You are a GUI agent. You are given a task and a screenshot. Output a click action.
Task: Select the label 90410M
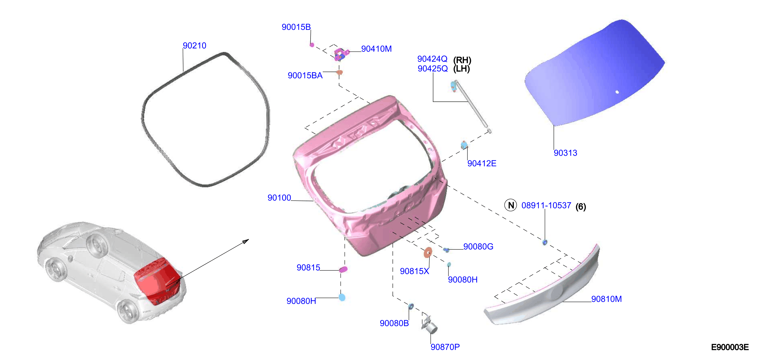click(376, 49)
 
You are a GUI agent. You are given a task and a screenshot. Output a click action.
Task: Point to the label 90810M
click(606, 299)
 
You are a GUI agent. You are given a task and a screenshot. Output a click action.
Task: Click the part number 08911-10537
click(546, 205)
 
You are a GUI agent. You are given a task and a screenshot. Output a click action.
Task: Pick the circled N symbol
click(511, 205)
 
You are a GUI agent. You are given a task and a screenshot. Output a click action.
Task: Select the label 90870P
click(445, 347)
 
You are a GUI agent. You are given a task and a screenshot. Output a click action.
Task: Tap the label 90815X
click(414, 271)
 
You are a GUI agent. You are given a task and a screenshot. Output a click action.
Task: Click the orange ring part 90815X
click(428, 253)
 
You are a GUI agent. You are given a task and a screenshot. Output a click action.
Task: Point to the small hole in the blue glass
click(617, 92)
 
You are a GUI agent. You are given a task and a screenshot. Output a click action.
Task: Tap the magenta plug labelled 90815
click(343, 270)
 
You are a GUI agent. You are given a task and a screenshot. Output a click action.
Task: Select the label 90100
click(279, 197)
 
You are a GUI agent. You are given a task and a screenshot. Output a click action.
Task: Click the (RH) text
click(462, 60)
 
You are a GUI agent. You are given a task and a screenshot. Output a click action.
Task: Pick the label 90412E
click(482, 163)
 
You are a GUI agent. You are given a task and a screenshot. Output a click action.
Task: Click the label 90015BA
click(305, 75)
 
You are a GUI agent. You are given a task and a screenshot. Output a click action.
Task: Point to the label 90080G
click(478, 246)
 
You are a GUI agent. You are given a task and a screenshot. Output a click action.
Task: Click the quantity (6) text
click(581, 206)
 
